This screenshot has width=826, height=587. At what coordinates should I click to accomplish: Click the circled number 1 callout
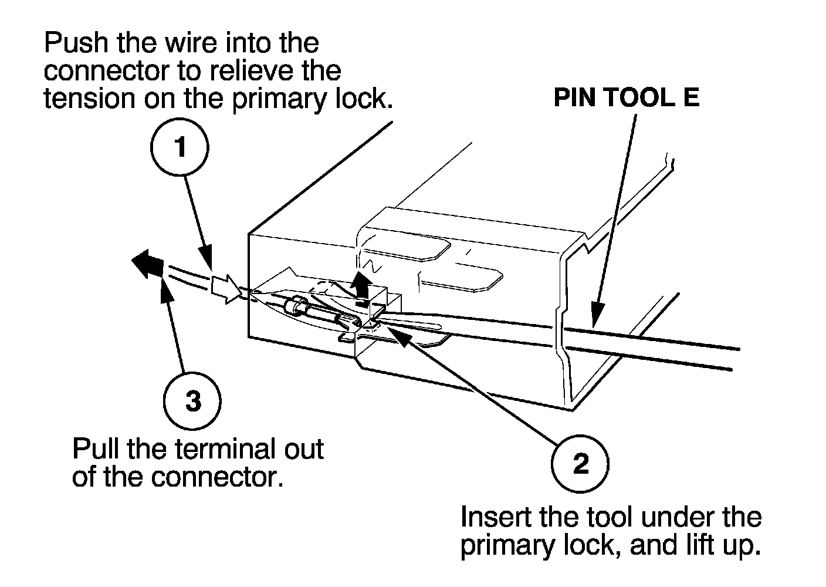tap(181, 147)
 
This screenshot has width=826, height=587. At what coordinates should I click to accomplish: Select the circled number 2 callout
tap(580, 464)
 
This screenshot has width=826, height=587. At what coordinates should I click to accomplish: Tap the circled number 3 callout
tap(192, 402)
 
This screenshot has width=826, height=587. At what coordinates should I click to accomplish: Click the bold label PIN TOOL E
tap(627, 97)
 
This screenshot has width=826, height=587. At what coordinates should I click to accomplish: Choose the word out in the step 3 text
tap(302, 450)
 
